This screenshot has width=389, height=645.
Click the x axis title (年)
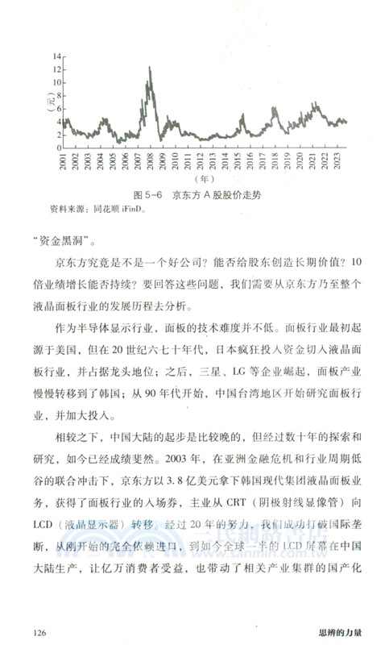tap(205, 178)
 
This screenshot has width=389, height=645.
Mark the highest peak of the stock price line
tap(150, 67)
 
